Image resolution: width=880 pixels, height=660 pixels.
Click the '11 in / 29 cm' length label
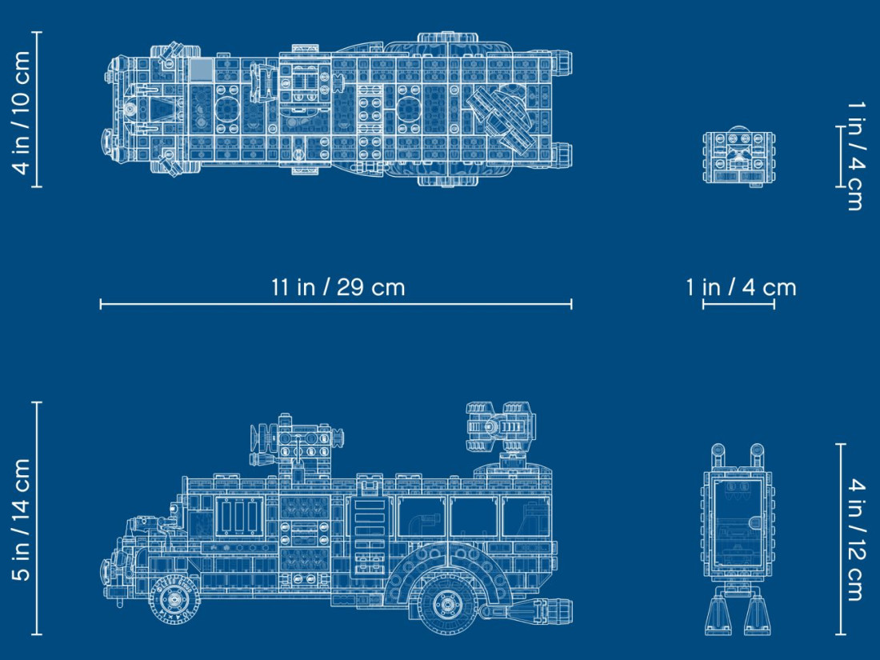click(338, 287)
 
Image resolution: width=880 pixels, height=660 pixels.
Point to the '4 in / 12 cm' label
click(854, 539)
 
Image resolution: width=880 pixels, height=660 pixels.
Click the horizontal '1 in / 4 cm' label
click(741, 287)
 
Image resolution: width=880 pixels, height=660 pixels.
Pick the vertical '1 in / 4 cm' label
click(854, 156)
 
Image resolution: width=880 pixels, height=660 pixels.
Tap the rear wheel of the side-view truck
click(447, 605)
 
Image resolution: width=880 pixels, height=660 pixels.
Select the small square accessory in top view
click(739, 158)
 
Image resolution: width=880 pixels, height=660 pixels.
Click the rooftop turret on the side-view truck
click(500, 426)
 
